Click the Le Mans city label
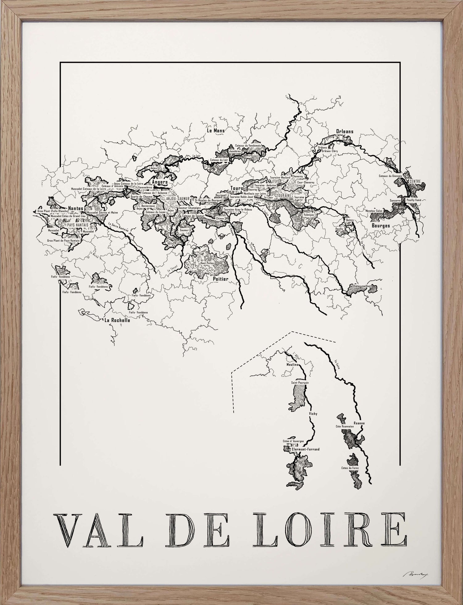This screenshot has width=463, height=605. pyautogui.click(x=215, y=130)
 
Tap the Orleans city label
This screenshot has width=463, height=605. pyautogui.click(x=344, y=131)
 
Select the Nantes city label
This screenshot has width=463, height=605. pyautogui.click(x=76, y=208)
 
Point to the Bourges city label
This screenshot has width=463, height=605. pyautogui.click(x=381, y=225)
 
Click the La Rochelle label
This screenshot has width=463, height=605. pyautogui.click(x=117, y=320)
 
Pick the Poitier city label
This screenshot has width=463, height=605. pyautogui.click(x=220, y=279)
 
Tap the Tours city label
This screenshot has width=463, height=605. pyautogui.click(x=237, y=188)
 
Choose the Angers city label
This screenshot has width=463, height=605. pyautogui.click(x=160, y=182)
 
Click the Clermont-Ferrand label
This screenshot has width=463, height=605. pyautogui.click(x=306, y=449)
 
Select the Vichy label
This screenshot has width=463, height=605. pyautogui.click(x=313, y=414)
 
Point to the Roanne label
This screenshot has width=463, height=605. pyautogui.click(x=359, y=423)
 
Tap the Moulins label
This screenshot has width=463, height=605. pyautogui.click(x=292, y=364)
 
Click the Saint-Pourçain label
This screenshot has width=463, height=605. pyautogui.click(x=300, y=382)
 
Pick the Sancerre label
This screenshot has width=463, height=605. pyautogui.click(x=395, y=200)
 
